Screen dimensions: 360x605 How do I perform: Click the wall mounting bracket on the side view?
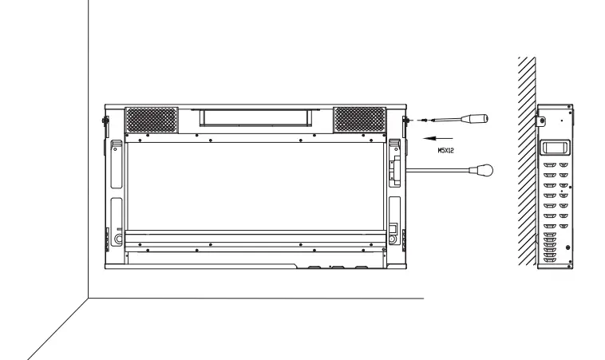[540, 121]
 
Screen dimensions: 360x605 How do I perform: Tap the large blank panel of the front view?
[254, 188]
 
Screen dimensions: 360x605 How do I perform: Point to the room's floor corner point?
[86, 298]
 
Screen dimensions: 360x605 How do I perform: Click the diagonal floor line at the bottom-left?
[56, 327]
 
